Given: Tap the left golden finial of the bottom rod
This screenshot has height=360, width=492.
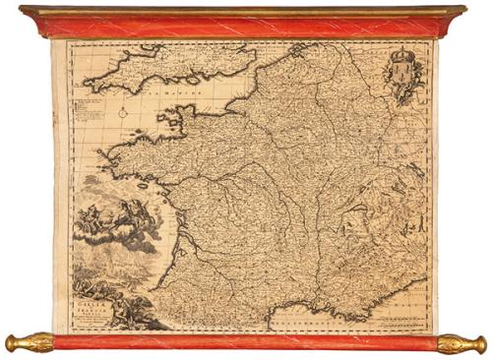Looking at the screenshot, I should coord(27,343).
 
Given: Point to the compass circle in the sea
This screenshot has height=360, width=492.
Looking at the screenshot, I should coord(123,112).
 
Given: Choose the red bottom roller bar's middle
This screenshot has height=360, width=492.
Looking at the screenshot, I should coord(246,342).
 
